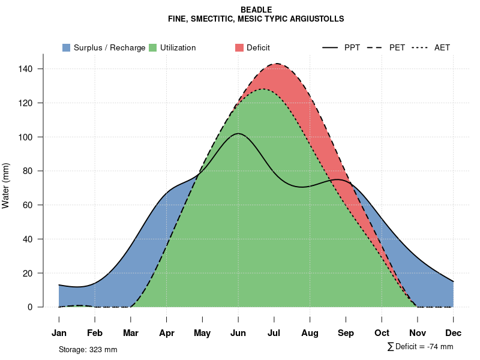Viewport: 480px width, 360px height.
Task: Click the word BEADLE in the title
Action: click(256, 10)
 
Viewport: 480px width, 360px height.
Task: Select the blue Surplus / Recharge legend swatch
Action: click(67, 47)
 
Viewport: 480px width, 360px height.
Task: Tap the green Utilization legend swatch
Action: click(153, 47)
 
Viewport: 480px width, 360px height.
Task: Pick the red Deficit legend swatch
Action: click(239, 47)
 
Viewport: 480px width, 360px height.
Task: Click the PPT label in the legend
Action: click(352, 47)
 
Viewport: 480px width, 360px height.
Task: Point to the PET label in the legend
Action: click(397, 47)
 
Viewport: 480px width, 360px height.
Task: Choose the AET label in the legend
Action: click(442, 47)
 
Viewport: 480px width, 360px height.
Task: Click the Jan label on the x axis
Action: click(59, 333)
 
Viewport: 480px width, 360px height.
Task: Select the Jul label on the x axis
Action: click(274, 333)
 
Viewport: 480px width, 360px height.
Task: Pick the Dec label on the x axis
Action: click(454, 333)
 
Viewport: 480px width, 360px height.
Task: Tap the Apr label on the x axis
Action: click(167, 333)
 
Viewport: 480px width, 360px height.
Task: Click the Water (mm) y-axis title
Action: click(6, 185)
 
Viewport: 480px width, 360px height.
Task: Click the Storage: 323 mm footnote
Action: click(88, 349)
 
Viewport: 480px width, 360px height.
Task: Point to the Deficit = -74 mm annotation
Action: click(424, 346)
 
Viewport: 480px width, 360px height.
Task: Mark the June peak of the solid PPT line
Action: click(238, 133)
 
